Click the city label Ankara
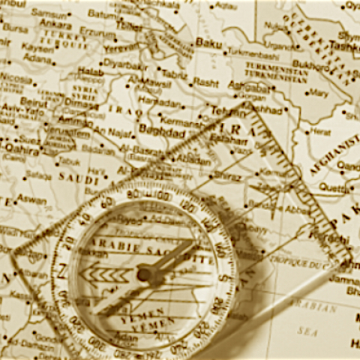[55, 23]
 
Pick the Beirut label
[34, 100]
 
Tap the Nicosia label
[16, 76]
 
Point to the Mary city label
[318, 94]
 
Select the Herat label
[321, 131]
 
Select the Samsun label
[49, 13]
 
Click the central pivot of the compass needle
[144, 275]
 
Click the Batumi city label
[102, 13]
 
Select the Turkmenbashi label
[253, 55]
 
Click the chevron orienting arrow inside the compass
[102, 275]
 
